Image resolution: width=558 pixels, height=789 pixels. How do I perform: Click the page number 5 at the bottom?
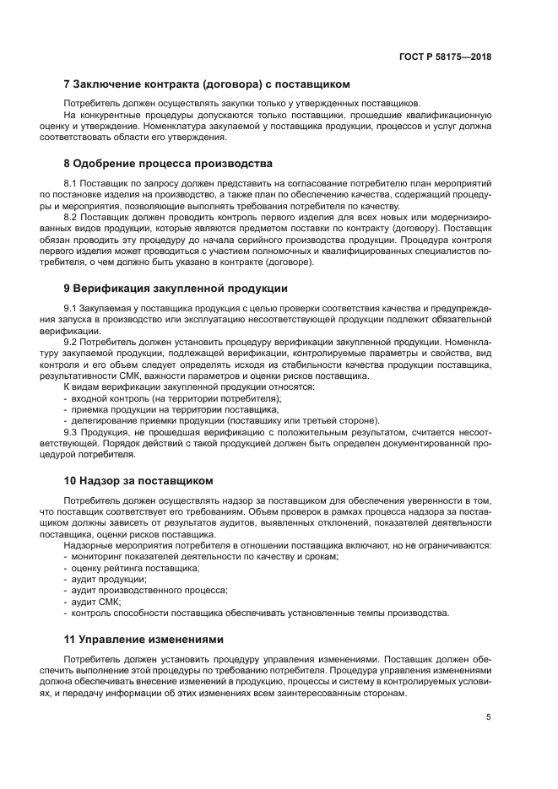[x=489, y=717]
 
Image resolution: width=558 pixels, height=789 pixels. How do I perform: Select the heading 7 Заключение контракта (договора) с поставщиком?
[x=207, y=84]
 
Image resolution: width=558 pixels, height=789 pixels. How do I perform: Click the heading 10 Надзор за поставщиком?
[x=138, y=480]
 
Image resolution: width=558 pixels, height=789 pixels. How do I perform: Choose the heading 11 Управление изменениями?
[x=144, y=639]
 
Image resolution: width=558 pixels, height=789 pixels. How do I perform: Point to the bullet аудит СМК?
[x=96, y=602]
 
